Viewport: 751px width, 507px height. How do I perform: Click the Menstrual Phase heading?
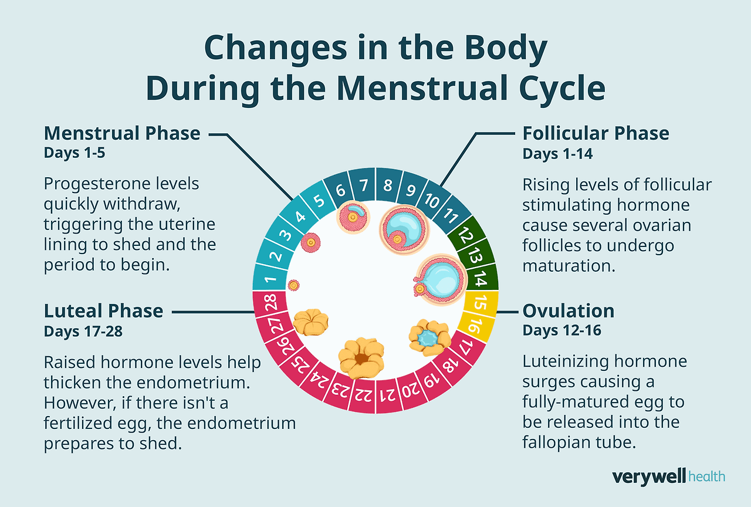click(x=122, y=134)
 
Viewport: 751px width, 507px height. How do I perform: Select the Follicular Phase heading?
click(x=596, y=134)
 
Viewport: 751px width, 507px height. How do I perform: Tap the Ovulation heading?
click(x=568, y=311)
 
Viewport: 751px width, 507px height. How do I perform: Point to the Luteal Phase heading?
click(x=103, y=311)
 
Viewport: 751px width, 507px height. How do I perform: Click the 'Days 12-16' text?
click(x=561, y=330)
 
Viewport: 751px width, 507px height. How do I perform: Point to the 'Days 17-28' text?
click(x=83, y=330)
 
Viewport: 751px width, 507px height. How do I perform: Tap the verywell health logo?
click(x=668, y=476)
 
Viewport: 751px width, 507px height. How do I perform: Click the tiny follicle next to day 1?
click(x=293, y=285)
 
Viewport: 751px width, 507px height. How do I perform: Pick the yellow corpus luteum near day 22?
click(x=361, y=356)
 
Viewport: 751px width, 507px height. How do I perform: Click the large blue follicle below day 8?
click(x=404, y=229)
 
